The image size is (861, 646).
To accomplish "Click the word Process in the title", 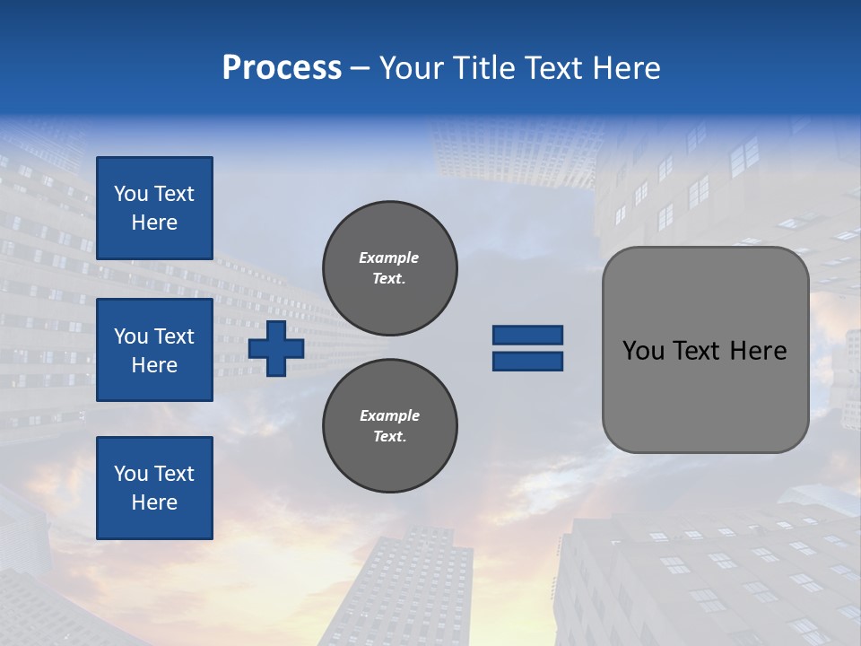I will [x=282, y=68].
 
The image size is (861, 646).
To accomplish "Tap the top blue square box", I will [x=154, y=208].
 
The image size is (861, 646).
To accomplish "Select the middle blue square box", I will [x=154, y=350].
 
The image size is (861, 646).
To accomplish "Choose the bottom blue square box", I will [x=154, y=488].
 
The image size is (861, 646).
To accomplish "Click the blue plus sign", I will [x=276, y=348].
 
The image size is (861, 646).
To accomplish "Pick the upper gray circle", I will [x=389, y=267].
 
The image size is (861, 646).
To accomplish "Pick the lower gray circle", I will [x=389, y=425].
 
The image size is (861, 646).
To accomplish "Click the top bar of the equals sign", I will [x=527, y=336].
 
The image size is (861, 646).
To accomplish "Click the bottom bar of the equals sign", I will [x=527, y=361].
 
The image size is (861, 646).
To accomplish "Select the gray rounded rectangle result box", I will [x=705, y=350].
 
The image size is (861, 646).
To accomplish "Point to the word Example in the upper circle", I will [x=389, y=258].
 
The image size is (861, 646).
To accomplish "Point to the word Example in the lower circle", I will [x=389, y=415].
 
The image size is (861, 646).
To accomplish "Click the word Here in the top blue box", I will [x=154, y=223].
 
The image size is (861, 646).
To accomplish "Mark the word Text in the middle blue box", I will [x=173, y=336].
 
